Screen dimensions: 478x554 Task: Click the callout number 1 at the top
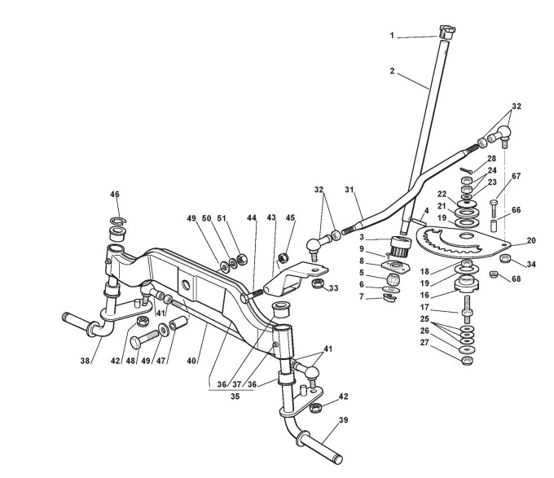392,36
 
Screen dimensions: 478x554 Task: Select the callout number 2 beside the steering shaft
392,72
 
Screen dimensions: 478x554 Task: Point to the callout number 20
531,240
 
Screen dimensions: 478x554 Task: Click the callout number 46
115,195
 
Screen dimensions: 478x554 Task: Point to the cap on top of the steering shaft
445,33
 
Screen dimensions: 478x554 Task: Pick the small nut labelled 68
494,275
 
